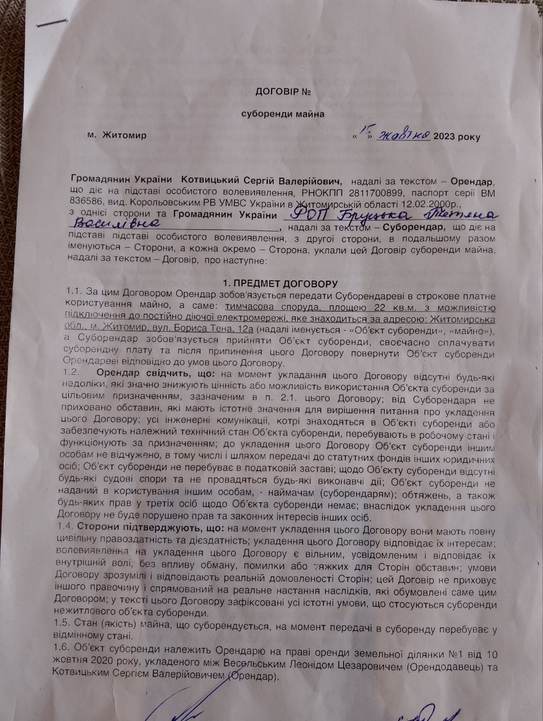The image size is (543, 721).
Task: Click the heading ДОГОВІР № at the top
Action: point(283,91)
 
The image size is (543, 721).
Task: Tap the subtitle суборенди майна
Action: point(283,114)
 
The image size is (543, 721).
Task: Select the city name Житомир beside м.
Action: point(123,136)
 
